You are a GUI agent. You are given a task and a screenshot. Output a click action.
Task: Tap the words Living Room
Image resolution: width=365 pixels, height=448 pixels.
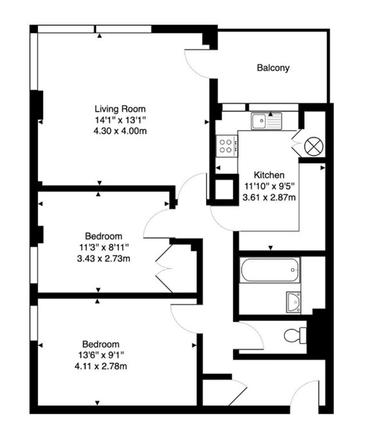click(x=120, y=108)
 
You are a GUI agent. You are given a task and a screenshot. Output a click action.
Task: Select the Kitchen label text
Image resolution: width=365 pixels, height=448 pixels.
click(x=269, y=175)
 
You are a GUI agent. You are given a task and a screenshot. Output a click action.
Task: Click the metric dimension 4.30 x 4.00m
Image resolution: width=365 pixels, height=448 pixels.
click(x=120, y=131)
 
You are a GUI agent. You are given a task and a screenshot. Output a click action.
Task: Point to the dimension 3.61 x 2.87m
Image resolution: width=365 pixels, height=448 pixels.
click(x=269, y=198)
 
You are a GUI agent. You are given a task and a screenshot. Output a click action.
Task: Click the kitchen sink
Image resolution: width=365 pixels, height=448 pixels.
click(x=267, y=120)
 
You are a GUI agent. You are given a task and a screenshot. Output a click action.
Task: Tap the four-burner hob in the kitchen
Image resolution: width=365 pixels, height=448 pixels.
click(x=227, y=145)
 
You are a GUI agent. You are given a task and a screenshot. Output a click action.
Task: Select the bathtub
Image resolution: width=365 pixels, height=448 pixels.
click(x=270, y=270)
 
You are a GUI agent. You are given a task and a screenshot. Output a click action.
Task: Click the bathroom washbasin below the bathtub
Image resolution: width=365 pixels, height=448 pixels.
click(x=293, y=301)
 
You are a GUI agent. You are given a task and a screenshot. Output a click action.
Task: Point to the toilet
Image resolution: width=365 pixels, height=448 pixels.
click(x=297, y=335)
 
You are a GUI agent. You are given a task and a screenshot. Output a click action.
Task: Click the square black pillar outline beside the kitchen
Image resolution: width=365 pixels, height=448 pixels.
click(x=225, y=189)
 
